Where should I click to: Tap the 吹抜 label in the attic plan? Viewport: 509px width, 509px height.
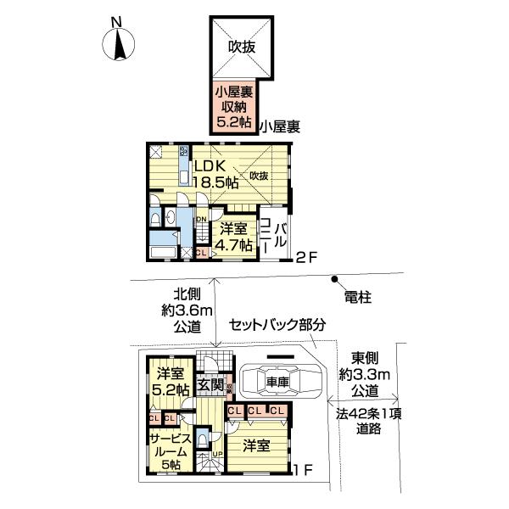(x=239, y=48)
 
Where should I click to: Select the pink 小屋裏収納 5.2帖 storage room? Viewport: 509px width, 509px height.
(x=233, y=107)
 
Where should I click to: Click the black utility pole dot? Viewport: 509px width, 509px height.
(x=336, y=279)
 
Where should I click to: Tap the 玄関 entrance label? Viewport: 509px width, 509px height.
(x=210, y=384)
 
